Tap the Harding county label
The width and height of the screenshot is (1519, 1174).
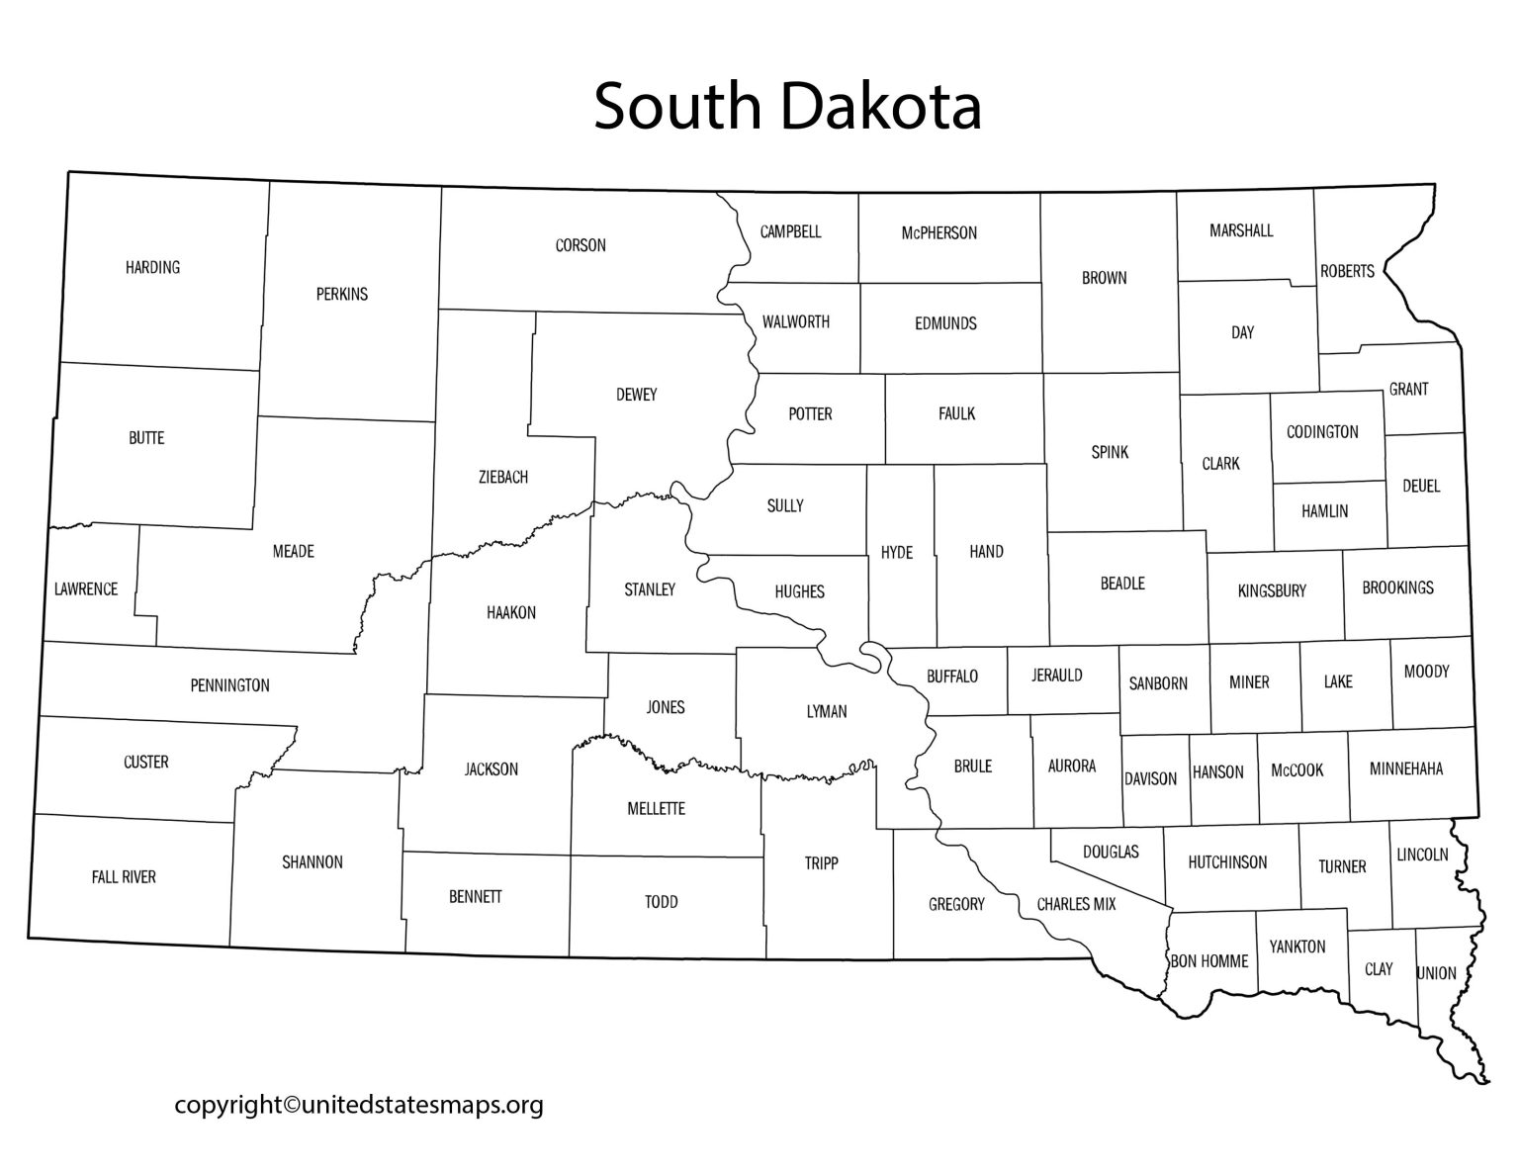pyautogui.click(x=153, y=267)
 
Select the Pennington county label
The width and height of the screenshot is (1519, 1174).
pyautogui.click(x=229, y=685)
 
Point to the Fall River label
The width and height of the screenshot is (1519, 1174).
pyautogui.click(x=124, y=877)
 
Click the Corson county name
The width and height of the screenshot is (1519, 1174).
pyautogui.click(x=581, y=245)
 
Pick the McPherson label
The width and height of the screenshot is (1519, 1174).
pyautogui.click(x=938, y=233)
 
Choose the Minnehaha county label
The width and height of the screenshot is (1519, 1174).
pyautogui.click(x=1406, y=768)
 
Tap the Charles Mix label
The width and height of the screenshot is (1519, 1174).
pyautogui.click(x=1076, y=904)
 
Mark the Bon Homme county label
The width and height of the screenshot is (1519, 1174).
pyautogui.click(x=1209, y=961)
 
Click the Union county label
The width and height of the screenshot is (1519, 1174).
pyautogui.click(x=1436, y=973)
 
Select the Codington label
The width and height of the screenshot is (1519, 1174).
pyautogui.click(x=1322, y=432)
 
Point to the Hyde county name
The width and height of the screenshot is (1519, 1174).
pyautogui.click(x=897, y=552)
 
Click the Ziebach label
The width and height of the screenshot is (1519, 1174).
pyautogui.click(x=502, y=477)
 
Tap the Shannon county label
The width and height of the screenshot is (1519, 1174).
pyautogui.click(x=313, y=862)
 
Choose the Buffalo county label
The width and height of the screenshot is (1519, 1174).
pyautogui.click(x=952, y=677)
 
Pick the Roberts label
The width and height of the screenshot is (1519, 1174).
pyautogui.click(x=1347, y=271)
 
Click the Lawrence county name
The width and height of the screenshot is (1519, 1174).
pyautogui.click(x=86, y=589)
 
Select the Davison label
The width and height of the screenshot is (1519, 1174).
pyautogui.click(x=1150, y=778)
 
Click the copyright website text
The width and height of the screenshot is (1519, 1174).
pyautogui.click(x=359, y=1105)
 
